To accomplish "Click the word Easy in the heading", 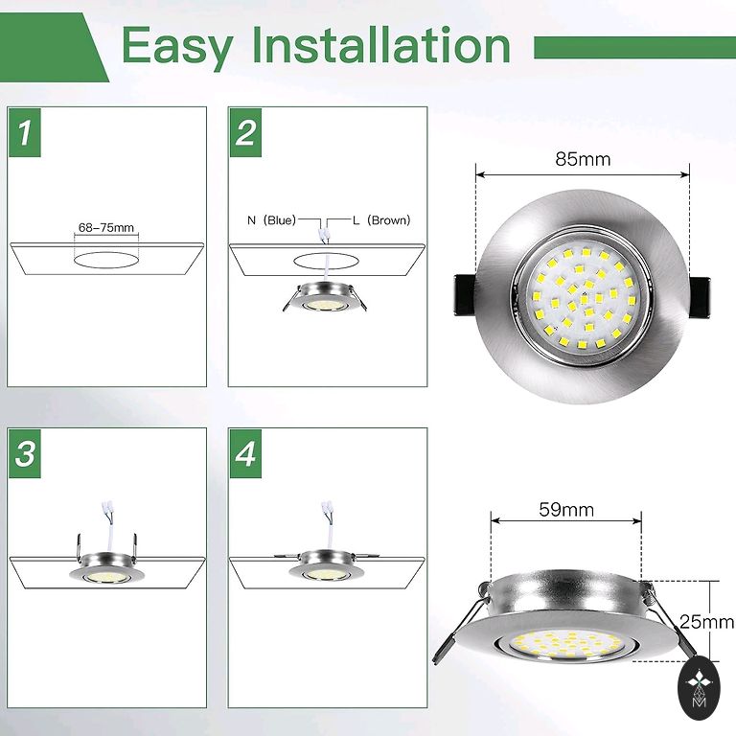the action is coord(177,47).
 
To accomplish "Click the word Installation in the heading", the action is coord(381,45).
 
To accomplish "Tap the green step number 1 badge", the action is coord(25,132).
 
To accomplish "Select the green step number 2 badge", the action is coord(245,132).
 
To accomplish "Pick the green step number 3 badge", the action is coord(25,453).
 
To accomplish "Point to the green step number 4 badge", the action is coord(245,453).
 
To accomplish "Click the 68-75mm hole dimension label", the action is coord(106,228).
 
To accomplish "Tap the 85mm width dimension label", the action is coord(583,159).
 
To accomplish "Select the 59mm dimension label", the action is coord(566,509).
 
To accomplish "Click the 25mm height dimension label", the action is coord(706,622).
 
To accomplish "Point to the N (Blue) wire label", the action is coord(272,219).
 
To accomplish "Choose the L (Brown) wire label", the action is coord(381,219).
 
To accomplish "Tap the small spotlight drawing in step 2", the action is coord(324,298).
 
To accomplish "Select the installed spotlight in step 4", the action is coord(327,565).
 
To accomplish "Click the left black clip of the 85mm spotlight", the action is coord(465,295).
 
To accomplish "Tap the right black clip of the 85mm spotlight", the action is coord(700,297).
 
